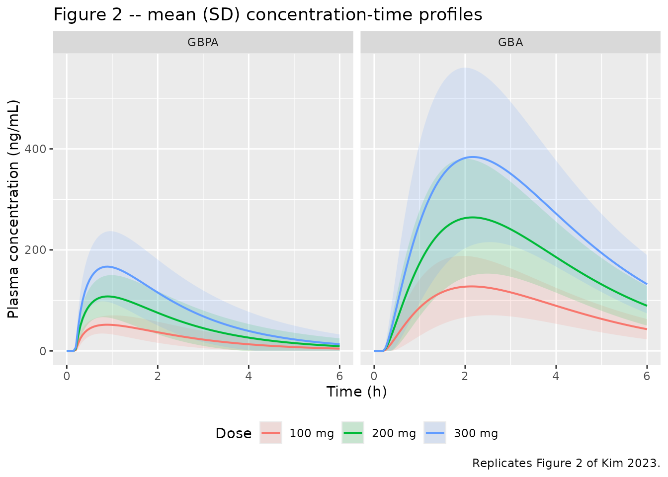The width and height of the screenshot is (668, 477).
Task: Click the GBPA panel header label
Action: pos(203,42)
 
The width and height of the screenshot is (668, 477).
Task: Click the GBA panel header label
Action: pos(510,42)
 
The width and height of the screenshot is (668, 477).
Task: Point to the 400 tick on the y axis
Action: pos(35,149)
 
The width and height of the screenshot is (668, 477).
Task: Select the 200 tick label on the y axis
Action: pos(35,250)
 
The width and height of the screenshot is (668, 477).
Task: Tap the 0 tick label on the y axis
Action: pos(43,351)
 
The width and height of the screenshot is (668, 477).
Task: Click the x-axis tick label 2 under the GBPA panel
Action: pos(158,376)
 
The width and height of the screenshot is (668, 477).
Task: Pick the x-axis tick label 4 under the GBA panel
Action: pos(556,376)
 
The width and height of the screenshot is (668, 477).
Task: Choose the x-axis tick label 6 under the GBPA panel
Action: pos(339,376)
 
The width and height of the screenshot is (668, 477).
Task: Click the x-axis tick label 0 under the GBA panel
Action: pos(374,376)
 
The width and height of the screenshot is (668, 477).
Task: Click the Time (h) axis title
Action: pos(357,392)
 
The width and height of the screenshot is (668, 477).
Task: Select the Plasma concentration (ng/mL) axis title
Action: pos(13,209)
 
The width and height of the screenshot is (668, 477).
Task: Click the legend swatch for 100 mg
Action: pos(271,433)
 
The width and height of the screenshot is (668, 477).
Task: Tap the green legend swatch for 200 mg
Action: pos(353,433)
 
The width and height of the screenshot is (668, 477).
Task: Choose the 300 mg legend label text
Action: pos(476,433)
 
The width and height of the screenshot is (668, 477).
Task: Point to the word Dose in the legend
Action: pos(234,433)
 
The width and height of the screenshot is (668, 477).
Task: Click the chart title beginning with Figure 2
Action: pos(268,14)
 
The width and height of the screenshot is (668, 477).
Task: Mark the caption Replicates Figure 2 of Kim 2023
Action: pos(566,463)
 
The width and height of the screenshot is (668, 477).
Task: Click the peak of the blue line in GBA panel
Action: pos(473,157)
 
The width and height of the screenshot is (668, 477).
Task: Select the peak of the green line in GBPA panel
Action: pos(107,296)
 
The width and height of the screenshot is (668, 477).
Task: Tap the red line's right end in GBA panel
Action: pos(647,329)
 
